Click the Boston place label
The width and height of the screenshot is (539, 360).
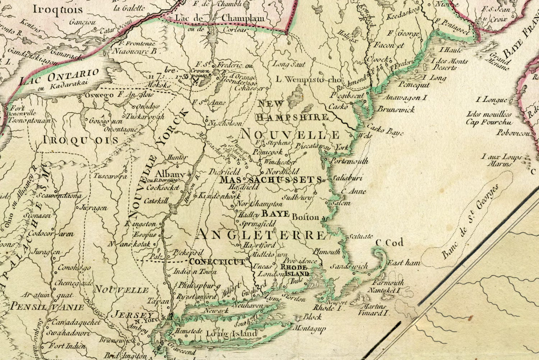(x=305, y=217)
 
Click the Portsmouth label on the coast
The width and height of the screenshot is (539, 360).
(x=349, y=161)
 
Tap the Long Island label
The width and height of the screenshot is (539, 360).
(x=232, y=334)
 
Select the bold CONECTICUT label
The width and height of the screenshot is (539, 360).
(x=217, y=261)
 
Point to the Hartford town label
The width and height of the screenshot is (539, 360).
(x=259, y=245)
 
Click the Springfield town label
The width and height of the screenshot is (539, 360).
(x=257, y=224)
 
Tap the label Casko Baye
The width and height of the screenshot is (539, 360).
(x=385, y=130)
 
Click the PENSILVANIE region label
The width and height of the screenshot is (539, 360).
(x=47, y=307)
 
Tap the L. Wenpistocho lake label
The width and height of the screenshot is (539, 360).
(x=308, y=79)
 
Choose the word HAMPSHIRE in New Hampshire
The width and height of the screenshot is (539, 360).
(x=292, y=117)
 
